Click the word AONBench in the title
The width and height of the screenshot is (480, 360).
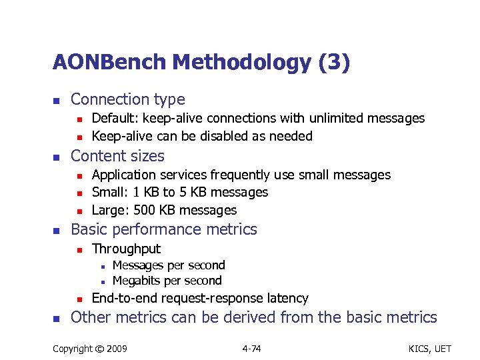click(109, 63)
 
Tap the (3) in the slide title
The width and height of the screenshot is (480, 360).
click(333, 63)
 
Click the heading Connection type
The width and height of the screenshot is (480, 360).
click(127, 99)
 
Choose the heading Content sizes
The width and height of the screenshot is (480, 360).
click(117, 156)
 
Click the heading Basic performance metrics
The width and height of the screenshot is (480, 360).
click(163, 229)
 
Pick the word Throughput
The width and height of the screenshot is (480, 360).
click(126, 249)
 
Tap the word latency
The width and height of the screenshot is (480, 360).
click(286, 298)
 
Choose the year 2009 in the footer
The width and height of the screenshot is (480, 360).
click(117, 348)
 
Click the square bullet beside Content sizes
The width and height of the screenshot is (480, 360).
click(57, 157)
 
